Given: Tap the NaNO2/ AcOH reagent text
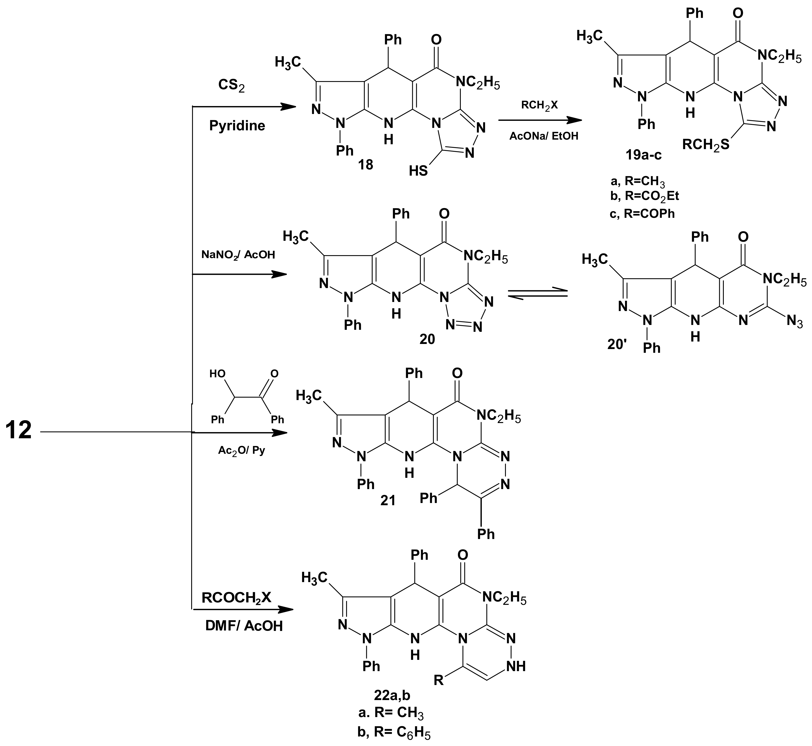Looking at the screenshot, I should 238,255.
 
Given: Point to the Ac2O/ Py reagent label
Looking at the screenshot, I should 242,450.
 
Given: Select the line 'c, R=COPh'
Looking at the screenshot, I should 642,214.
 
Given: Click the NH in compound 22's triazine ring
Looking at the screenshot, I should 516,666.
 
